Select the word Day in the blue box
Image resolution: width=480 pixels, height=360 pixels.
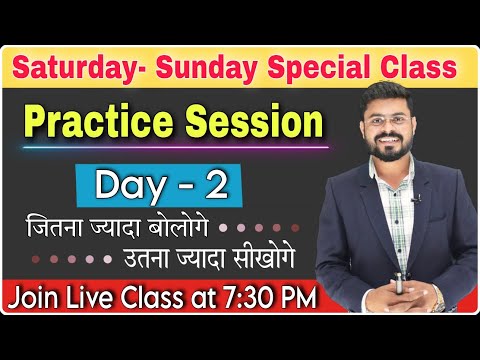[x=124, y=184]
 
